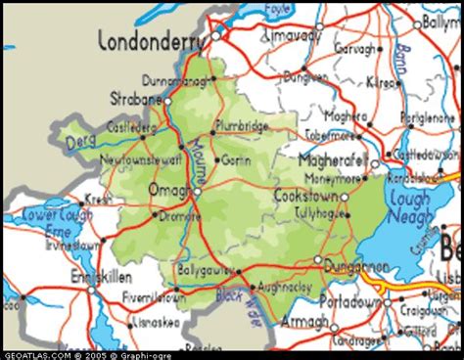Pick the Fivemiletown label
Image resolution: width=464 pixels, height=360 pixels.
(x=155, y=295)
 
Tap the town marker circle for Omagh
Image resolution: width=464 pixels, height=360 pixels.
(x=196, y=192)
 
